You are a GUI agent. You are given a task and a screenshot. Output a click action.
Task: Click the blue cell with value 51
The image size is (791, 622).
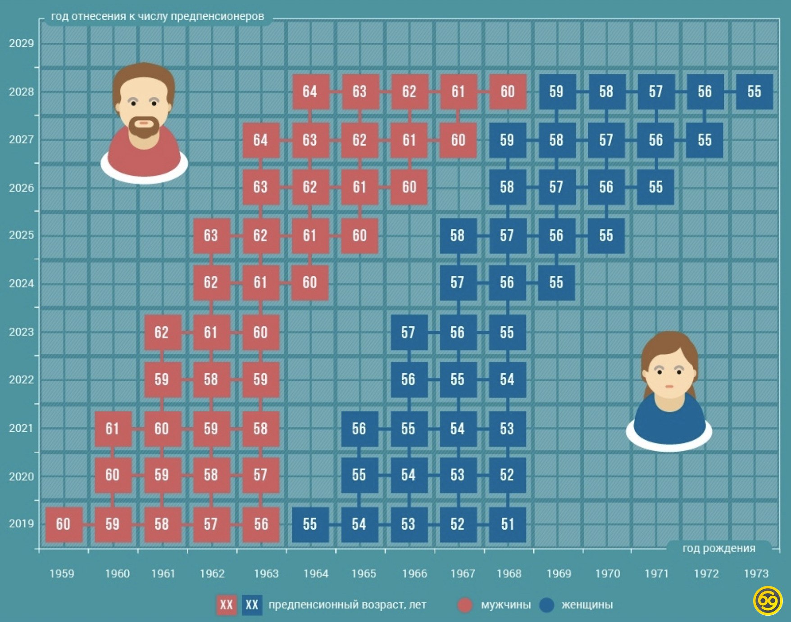point(507,524)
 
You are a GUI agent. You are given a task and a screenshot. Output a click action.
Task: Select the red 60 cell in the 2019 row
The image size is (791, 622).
point(64,524)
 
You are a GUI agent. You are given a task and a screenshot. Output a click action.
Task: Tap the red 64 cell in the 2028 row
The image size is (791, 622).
point(310,92)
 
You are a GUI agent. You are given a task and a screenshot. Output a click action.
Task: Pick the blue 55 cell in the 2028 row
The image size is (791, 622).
point(754,92)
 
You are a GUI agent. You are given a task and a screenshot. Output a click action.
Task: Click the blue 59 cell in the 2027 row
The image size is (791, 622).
point(507,140)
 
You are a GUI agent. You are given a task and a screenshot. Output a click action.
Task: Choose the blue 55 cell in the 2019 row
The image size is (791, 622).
point(310,524)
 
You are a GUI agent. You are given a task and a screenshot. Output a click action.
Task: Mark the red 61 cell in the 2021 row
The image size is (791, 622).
point(113,429)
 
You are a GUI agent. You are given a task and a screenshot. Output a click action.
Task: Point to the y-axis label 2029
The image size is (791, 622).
point(21,43)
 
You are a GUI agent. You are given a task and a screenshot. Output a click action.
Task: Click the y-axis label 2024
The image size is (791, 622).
point(21,284)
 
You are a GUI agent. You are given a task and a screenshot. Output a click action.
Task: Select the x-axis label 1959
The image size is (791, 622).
point(62,574)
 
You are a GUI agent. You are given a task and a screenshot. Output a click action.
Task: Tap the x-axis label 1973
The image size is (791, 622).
point(756,574)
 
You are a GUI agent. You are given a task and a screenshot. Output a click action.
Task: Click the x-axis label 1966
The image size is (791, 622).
point(414,574)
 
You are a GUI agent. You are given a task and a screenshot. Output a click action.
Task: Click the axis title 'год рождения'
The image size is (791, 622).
point(719,549)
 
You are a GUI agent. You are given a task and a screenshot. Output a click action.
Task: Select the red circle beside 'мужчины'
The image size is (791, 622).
point(465,605)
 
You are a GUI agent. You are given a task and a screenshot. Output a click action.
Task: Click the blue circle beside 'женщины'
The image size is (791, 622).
point(546,605)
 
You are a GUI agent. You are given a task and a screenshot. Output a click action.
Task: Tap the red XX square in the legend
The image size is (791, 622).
point(226,605)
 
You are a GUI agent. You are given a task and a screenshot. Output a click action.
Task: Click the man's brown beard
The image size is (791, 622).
point(144,128)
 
